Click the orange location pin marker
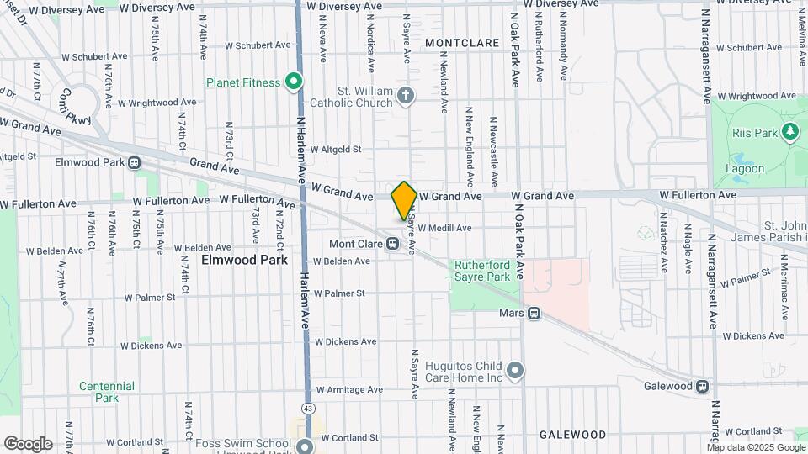405,200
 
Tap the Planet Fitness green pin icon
293,82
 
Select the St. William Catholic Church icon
406,96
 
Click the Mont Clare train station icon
392,245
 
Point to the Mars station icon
534,314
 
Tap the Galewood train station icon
702,387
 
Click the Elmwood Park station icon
134,162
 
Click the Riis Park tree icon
789,131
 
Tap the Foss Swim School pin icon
304,446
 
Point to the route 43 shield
310,409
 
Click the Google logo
28,444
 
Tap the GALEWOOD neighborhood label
576,435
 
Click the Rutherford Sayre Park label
482,270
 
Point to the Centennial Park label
107,392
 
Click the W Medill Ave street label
444,228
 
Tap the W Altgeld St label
335,150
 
